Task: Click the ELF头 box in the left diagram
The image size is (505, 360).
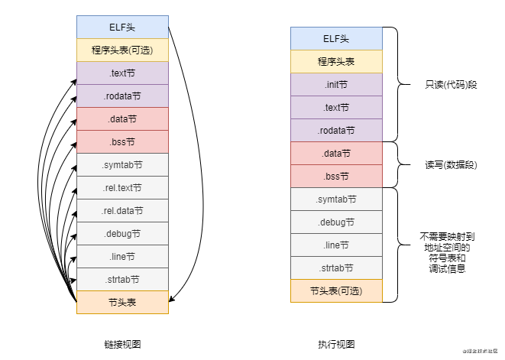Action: (x=122, y=27)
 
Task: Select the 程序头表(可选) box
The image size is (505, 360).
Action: (x=122, y=50)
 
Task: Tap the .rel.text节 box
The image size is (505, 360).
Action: (x=122, y=187)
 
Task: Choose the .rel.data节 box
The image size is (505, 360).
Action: (x=122, y=210)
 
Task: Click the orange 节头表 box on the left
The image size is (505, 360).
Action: (x=122, y=302)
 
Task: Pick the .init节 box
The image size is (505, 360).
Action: (x=336, y=84)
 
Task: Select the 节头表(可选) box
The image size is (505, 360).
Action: (x=336, y=290)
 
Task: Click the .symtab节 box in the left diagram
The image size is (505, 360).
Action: (x=122, y=164)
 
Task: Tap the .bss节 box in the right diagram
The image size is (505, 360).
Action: (x=336, y=176)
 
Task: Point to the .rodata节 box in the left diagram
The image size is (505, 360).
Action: (x=122, y=96)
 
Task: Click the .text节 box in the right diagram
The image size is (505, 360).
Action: (x=336, y=107)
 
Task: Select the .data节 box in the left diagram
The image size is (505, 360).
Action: (x=122, y=118)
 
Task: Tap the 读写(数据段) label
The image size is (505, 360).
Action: (x=444, y=164)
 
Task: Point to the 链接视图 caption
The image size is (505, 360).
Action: (x=122, y=344)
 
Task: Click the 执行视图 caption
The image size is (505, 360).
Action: (x=336, y=344)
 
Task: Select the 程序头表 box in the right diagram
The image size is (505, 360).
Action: (x=336, y=61)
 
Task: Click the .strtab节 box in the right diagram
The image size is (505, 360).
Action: (x=336, y=268)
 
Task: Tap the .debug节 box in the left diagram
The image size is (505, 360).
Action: (x=122, y=233)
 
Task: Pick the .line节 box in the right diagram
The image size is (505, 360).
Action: (x=336, y=245)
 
